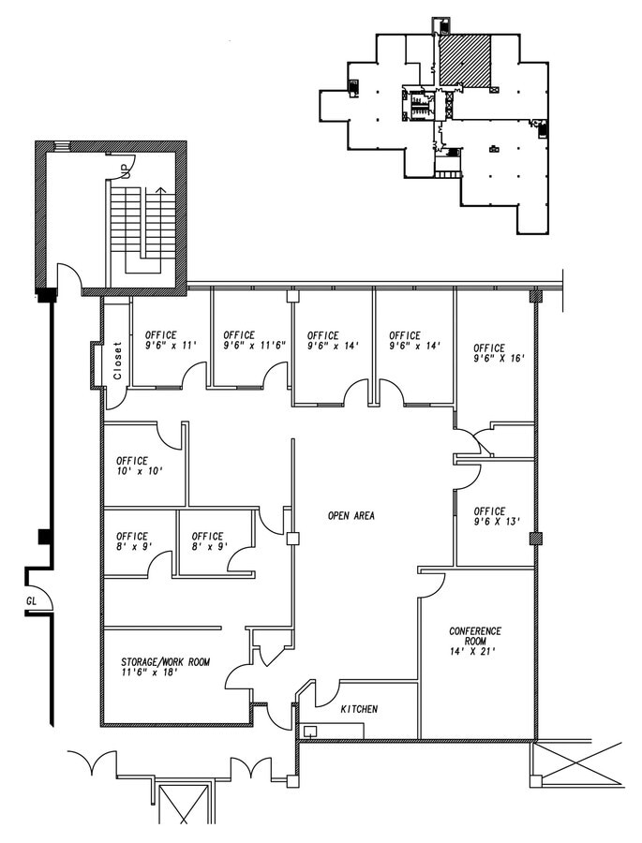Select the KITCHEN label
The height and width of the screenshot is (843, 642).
(359, 710)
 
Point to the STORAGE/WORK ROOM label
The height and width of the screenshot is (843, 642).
(165, 662)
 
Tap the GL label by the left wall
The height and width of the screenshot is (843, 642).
(31, 600)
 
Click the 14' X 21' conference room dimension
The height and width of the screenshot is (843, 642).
(475, 649)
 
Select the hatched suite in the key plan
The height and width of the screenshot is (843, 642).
(466, 62)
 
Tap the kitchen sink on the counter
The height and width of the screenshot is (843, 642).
(309, 730)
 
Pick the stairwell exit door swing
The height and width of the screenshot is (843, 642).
(70, 277)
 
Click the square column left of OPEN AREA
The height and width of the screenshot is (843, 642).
(292, 539)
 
